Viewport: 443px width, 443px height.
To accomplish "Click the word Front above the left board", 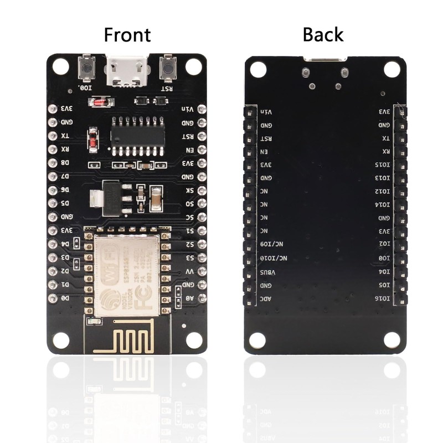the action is click(x=127, y=35).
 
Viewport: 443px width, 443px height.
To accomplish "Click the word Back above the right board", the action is click(x=323, y=35).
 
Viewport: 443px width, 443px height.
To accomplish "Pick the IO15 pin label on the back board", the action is click(x=383, y=165).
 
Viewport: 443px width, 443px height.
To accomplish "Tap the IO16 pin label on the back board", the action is click(x=383, y=298).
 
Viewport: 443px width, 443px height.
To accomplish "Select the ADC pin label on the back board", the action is click(x=266, y=298).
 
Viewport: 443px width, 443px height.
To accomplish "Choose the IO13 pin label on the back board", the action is click(x=383, y=178).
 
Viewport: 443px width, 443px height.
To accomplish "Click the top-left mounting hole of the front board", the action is click(x=60, y=67).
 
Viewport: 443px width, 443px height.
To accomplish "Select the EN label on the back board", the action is click(x=264, y=152).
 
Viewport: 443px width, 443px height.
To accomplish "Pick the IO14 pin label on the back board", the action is click(x=383, y=205).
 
